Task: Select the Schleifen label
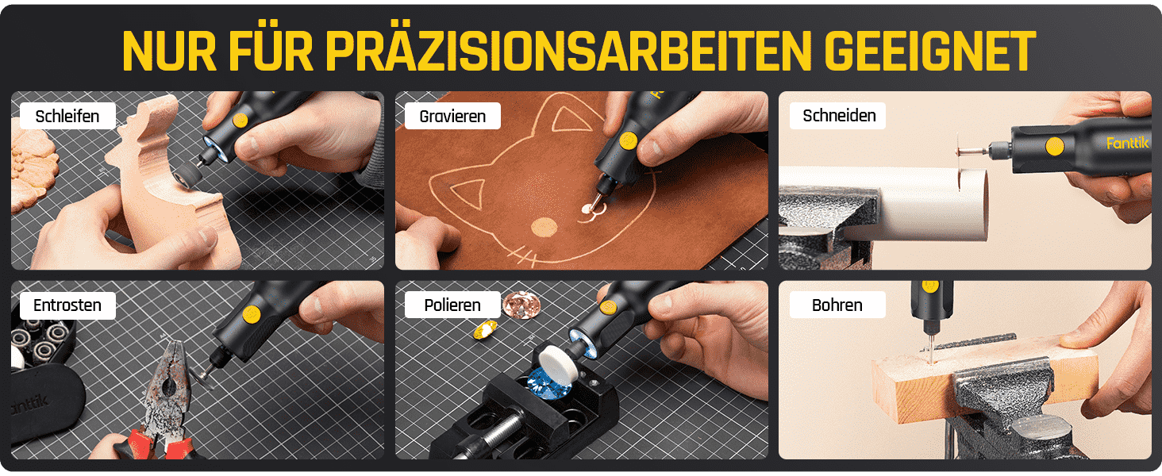(x=67, y=116)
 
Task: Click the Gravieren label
(x=452, y=116)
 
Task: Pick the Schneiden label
(x=838, y=116)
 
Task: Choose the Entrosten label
(x=67, y=305)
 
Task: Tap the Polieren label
(x=452, y=305)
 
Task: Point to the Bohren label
(x=837, y=305)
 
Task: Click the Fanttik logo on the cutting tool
(x=1127, y=143)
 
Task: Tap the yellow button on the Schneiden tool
(x=1055, y=147)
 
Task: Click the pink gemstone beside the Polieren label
(x=521, y=303)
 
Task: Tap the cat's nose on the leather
(x=544, y=227)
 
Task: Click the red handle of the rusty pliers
(x=156, y=443)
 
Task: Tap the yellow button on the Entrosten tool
(x=252, y=314)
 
